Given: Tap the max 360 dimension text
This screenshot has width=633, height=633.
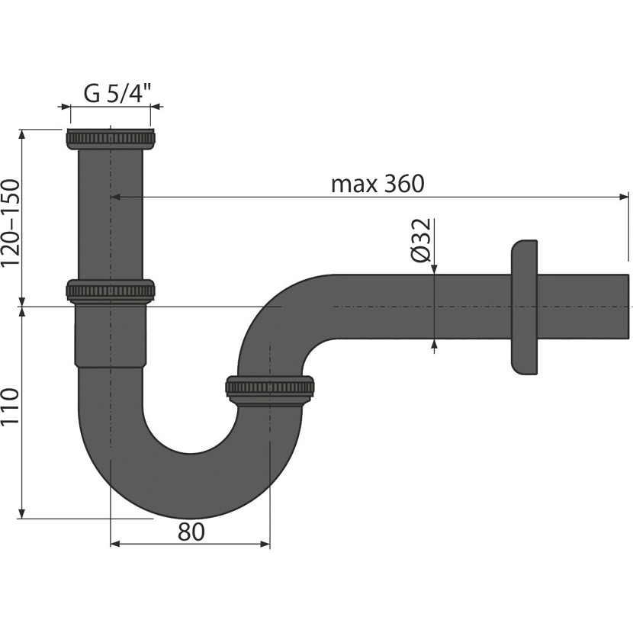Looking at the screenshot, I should (379, 183).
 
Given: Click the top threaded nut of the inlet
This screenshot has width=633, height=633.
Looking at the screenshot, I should (112, 139).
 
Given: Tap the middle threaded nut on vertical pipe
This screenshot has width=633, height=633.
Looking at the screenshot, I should (111, 291).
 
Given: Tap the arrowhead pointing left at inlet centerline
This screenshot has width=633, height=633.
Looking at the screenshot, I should (117, 196).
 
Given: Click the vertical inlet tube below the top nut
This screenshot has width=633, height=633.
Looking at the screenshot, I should (111, 214).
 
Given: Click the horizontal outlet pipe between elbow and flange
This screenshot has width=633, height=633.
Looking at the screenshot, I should (419, 307).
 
